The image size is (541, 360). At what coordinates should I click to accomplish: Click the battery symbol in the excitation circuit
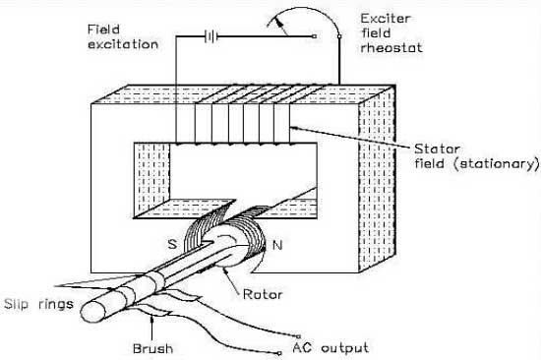click(209, 36)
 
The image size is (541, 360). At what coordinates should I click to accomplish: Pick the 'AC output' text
click(331, 347)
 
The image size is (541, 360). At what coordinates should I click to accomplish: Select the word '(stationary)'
click(503, 161)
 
